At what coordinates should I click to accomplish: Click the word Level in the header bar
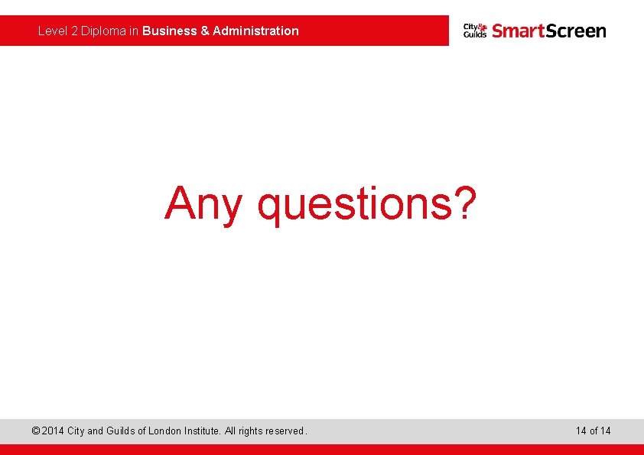[52, 31]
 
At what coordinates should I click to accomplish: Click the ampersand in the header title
[205, 31]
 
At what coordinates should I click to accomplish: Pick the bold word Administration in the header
[255, 31]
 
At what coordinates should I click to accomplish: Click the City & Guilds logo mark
[475, 31]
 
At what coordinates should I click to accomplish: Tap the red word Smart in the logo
[518, 31]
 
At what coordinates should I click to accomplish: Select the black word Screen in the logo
[575, 31]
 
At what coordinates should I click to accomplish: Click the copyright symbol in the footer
[35, 431]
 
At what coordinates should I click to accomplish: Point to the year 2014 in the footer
[53, 431]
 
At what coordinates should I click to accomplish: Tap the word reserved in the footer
[285, 431]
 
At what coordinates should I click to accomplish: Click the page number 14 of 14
[594, 431]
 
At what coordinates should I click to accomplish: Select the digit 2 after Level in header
[75, 31]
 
